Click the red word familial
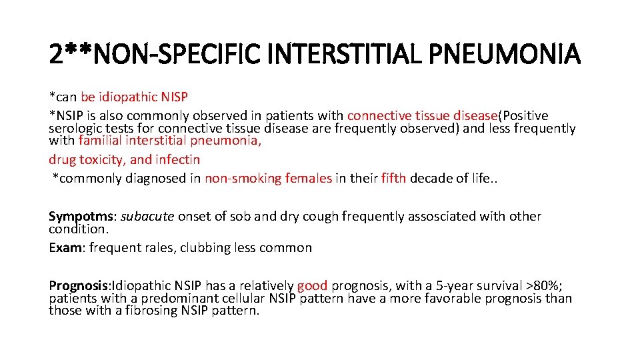[100, 140]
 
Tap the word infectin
[177, 159]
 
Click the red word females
[308, 178]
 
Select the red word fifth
[393, 178]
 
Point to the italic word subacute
[147, 216]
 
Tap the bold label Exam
[65, 247]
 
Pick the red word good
[312, 286]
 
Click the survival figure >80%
[543, 286]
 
